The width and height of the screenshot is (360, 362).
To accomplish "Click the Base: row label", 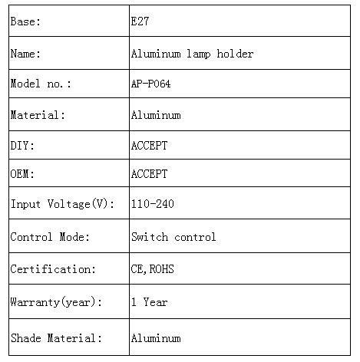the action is (25, 21).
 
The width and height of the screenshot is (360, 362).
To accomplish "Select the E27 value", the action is (140, 21).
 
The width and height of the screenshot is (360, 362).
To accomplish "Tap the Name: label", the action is (25, 54).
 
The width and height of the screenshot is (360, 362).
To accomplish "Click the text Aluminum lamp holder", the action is (192, 54).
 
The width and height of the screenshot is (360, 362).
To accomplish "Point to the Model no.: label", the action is (41, 84).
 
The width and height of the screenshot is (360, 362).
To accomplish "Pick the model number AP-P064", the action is (150, 84).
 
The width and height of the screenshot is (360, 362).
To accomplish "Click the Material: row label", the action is (38, 115).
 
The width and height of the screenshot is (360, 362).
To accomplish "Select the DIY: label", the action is (22, 146).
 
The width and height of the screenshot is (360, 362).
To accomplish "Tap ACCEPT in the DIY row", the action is (149, 146).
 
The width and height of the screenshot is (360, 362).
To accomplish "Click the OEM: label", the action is (22, 174).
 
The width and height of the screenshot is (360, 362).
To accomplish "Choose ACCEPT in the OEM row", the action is (149, 174).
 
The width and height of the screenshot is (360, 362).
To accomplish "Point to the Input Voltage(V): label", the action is (62, 204).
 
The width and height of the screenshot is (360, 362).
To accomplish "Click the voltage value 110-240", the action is (153, 204).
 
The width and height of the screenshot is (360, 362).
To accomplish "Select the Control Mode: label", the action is (50, 237).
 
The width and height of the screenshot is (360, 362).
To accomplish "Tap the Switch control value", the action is (173, 237).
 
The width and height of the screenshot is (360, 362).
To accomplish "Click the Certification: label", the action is (53, 269).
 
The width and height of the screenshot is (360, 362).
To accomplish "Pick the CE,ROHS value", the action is (153, 269).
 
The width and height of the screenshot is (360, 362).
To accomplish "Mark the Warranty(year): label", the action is (56, 302).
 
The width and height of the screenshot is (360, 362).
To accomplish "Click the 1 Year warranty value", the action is (149, 302).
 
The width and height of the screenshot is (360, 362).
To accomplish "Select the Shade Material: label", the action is (56, 338).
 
